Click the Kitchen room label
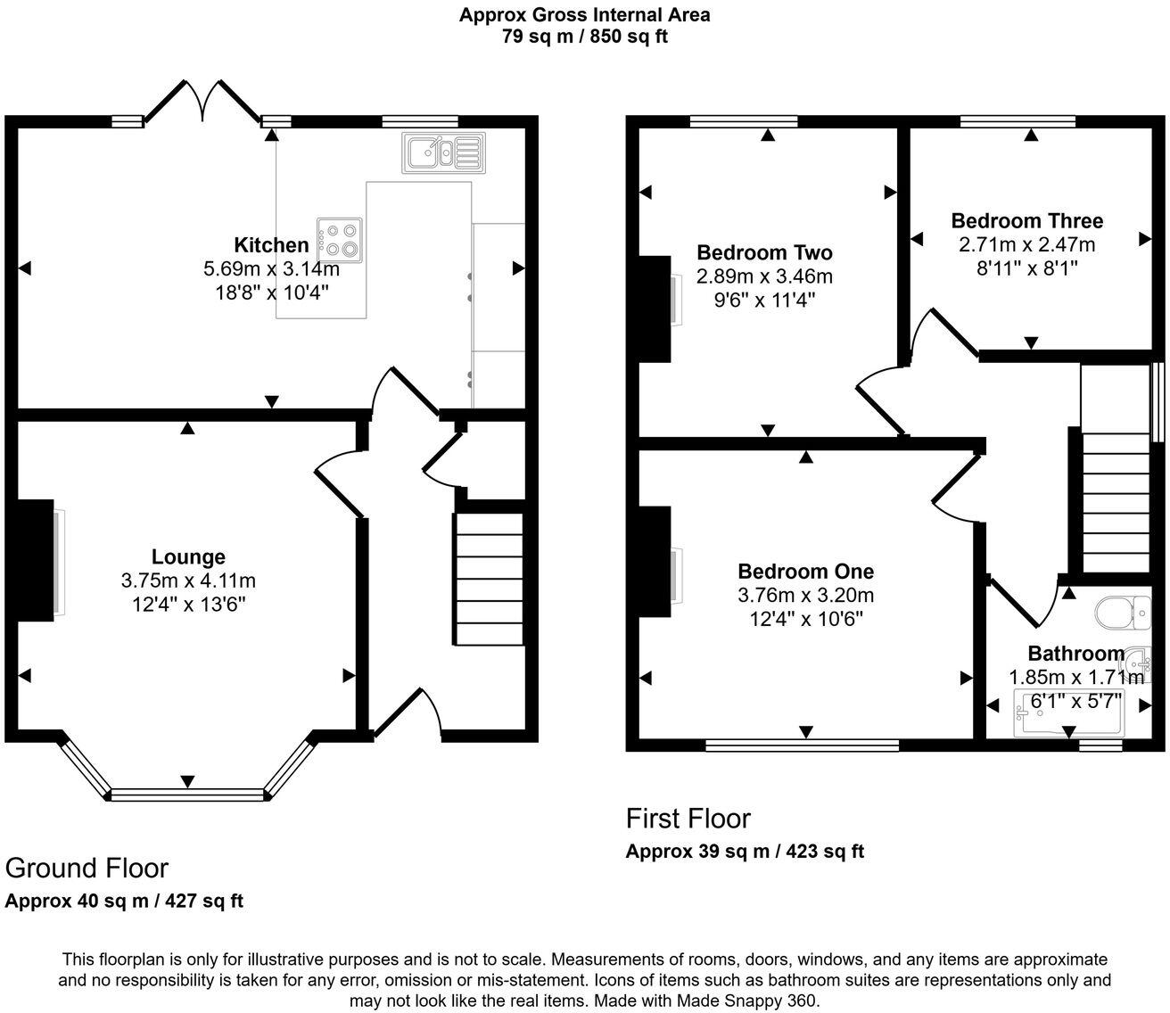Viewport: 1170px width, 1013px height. (x=271, y=245)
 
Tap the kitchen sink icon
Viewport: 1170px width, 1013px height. (x=443, y=152)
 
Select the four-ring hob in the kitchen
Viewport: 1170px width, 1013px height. (x=339, y=238)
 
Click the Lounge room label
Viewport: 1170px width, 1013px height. (x=188, y=557)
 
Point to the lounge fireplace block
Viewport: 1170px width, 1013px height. (x=33, y=560)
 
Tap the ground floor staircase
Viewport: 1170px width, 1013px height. (x=490, y=579)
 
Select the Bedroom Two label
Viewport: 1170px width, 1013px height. (x=764, y=253)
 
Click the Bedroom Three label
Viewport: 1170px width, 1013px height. (x=1026, y=221)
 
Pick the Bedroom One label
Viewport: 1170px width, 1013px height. (x=805, y=572)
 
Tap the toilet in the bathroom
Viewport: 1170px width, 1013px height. (x=1119, y=614)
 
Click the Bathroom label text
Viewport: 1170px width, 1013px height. (x=1075, y=654)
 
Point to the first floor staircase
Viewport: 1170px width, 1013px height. (x=1115, y=499)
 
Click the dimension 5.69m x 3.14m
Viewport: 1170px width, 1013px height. (x=271, y=268)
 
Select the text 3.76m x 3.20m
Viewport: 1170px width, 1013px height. (x=805, y=595)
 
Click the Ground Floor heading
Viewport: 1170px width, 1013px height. (x=87, y=868)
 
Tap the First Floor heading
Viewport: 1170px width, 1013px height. (x=688, y=819)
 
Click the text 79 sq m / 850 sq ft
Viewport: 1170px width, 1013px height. (x=584, y=37)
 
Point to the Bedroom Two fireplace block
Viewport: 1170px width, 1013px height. (x=655, y=309)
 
